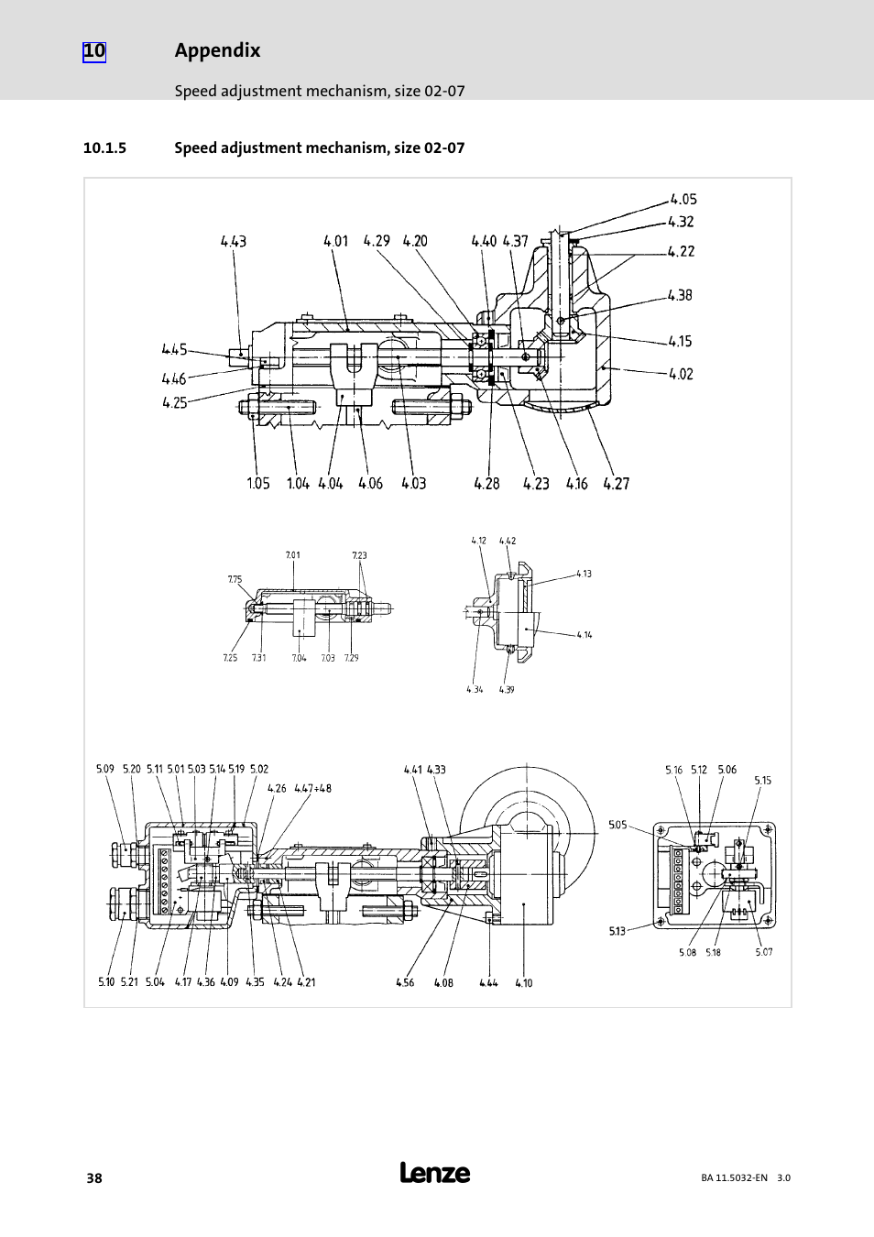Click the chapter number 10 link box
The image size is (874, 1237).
coord(94,51)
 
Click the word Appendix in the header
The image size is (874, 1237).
coord(217,51)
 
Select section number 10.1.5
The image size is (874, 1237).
coord(104,148)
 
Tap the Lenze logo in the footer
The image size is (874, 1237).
coord(435,1173)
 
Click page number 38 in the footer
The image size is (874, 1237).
coord(93,1178)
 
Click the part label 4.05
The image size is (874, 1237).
coord(683,199)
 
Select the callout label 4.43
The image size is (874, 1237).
coord(233,242)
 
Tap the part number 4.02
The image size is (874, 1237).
coord(681,373)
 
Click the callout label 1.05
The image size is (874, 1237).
coord(257,484)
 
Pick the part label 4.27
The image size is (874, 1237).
coord(617,484)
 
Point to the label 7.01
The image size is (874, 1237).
coord(292,555)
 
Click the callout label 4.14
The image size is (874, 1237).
coord(584,634)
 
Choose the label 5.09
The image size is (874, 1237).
coord(105,770)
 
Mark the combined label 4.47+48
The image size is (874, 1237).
coord(312,788)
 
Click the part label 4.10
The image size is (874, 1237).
coord(523,983)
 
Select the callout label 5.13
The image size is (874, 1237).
coord(617,931)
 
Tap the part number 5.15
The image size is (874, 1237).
coord(763,781)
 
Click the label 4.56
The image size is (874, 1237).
coord(405,983)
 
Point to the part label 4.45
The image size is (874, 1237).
coord(174,349)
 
